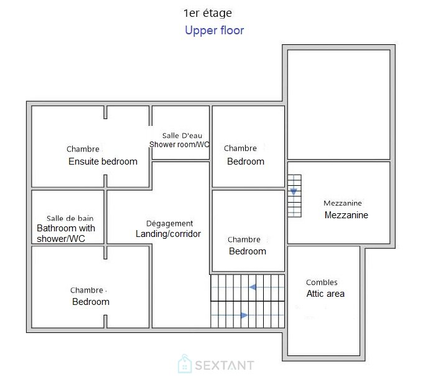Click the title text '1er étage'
click(x=207, y=13)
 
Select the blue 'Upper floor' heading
click(x=214, y=31)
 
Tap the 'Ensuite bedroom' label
click(x=103, y=161)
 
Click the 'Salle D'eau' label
click(x=182, y=135)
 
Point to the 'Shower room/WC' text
click(x=179, y=145)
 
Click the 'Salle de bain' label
click(x=70, y=218)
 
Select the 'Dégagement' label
click(x=169, y=224)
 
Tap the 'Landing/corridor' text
click(x=168, y=234)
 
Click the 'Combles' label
click(x=322, y=282)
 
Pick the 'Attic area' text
click(x=325, y=294)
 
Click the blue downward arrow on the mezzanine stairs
click(x=294, y=191)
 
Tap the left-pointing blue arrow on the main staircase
click(x=253, y=287)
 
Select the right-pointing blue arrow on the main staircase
click(x=244, y=316)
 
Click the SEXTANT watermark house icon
click(x=185, y=364)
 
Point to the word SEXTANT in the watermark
click(x=225, y=365)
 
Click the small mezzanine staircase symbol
click(x=294, y=196)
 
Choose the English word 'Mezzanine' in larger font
click(x=346, y=215)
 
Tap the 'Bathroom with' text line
click(x=66, y=228)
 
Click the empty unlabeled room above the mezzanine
click(x=338, y=104)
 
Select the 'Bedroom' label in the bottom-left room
click(x=91, y=302)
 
